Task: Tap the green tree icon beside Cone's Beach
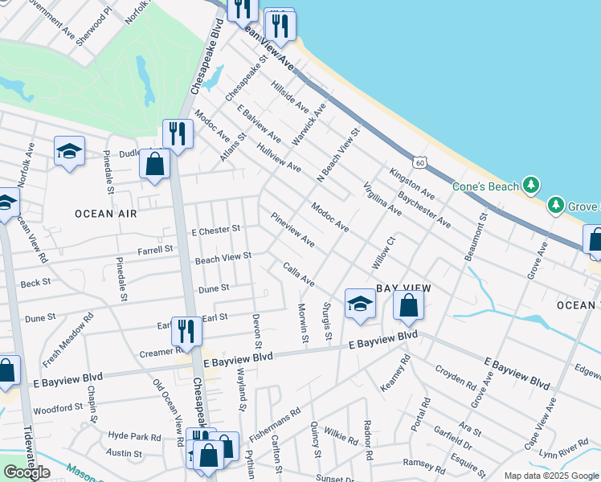pos(530,186)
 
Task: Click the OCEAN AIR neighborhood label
pos(106,214)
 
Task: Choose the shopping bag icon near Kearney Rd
pos(408,304)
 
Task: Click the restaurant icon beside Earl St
pos(186,330)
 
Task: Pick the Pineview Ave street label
pos(292,230)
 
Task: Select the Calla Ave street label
pos(298,274)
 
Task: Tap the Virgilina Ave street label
pos(382,198)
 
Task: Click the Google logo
pos(27,472)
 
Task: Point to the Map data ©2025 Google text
pos(550,476)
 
